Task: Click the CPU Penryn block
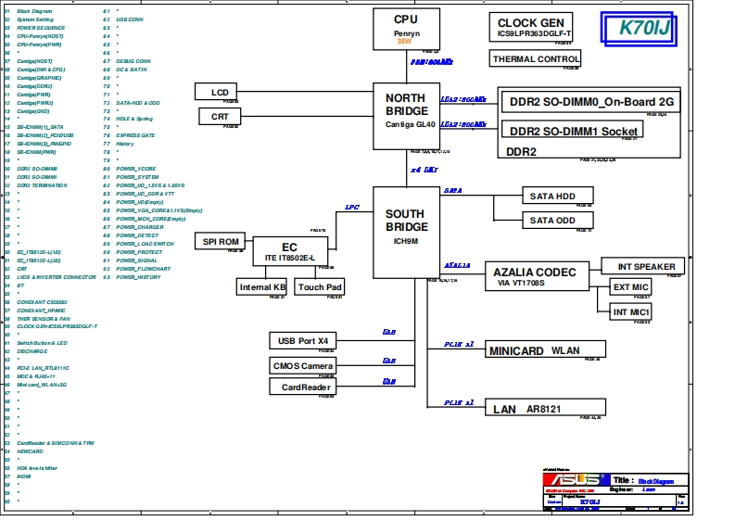406,29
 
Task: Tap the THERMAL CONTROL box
536,59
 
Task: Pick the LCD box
219,92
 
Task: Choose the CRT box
220,117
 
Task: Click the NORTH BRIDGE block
406,115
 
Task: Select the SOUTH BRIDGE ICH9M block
406,231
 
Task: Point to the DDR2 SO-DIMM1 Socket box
573,131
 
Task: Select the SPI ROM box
222,241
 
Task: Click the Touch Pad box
319,287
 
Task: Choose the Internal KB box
262,287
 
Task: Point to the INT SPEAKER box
644,266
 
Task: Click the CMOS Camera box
302,365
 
